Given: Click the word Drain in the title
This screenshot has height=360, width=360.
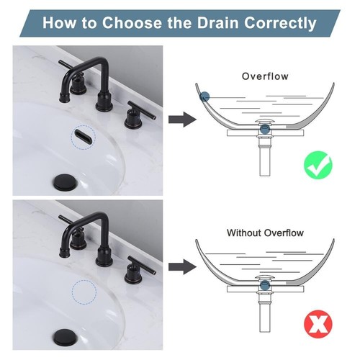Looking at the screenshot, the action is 217,23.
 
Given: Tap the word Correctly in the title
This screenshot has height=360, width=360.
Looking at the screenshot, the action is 280,24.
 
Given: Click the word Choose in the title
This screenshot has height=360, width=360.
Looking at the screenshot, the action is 132,23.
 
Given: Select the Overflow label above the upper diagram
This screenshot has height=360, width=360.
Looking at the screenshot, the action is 265,76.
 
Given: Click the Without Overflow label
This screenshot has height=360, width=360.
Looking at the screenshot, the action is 265,233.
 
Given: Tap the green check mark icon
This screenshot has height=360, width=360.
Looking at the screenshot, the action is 318,165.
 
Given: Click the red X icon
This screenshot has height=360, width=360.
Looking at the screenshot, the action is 318,324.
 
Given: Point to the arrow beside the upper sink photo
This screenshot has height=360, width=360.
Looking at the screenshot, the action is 182,120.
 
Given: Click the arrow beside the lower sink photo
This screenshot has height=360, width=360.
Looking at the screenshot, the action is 182,266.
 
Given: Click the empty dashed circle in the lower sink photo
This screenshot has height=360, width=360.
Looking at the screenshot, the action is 84,292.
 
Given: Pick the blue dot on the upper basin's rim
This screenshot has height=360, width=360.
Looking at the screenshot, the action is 204,97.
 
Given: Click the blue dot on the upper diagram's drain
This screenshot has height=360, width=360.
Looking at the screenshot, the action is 265,129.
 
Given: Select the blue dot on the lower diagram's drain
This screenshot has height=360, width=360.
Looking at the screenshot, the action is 265,285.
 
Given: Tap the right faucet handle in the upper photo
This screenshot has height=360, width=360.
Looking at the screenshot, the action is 138,114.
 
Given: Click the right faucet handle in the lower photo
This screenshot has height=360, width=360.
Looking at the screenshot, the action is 138,270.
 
